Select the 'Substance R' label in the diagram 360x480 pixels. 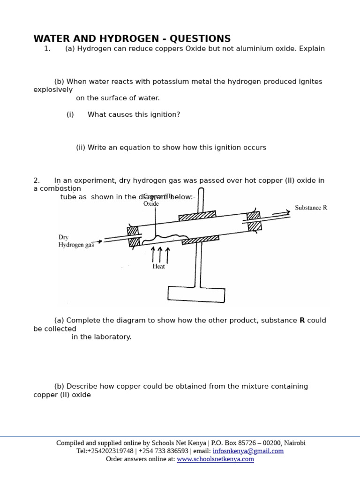pos(311,208)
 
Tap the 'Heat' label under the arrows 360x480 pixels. pos(158,266)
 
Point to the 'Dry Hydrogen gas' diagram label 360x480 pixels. pos(76,241)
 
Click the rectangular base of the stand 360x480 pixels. pos(196,294)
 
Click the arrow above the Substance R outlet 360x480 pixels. pos(281,213)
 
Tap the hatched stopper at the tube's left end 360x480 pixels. pos(134,236)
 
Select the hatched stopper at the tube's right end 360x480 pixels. pos(254,221)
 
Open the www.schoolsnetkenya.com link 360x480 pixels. pos(215,459)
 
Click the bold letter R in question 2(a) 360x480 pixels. pos(302,321)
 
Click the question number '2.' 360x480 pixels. pos(37,180)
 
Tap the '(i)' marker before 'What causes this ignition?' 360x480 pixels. pos(70,115)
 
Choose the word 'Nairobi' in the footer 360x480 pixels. pos(293,443)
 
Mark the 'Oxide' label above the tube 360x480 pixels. pos(151,204)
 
